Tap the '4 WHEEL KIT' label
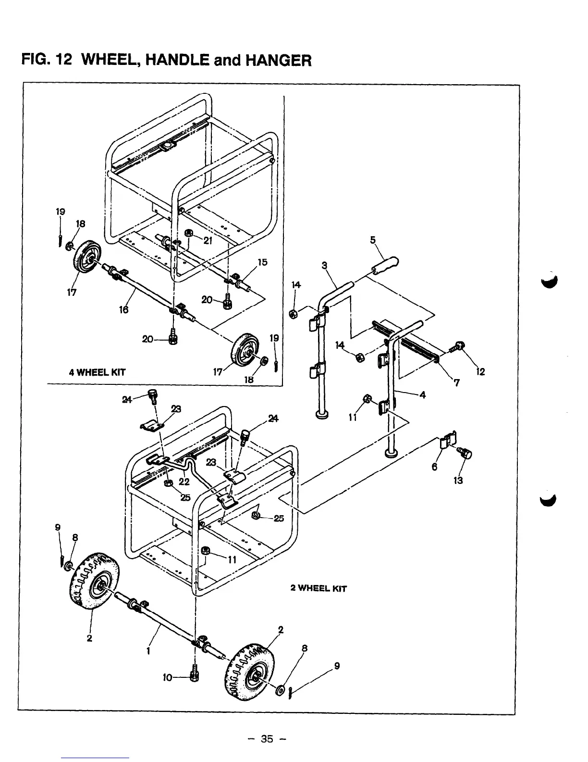97,372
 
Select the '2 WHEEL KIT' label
318,588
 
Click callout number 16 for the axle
124,310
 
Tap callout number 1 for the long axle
148,651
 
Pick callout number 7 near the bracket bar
456,383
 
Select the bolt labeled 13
466,453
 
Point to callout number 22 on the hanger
184,482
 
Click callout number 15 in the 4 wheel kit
262,262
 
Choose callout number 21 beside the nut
208,241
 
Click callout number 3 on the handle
324,265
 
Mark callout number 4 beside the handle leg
422,395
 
